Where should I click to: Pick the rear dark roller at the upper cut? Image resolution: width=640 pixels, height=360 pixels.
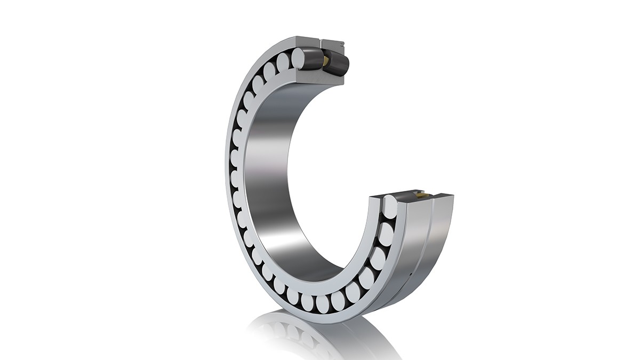[x=338, y=65]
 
